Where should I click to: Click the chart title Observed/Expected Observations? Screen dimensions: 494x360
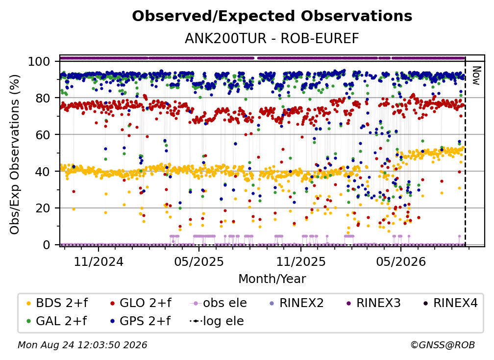[x=272, y=16]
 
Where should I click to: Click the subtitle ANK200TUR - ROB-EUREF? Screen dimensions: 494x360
[x=272, y=39]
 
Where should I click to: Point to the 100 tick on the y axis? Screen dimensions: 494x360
[x=39, y=61]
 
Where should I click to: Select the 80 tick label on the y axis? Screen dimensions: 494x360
[x=43, y=98]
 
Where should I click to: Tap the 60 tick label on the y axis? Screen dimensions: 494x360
[x=43, y=134]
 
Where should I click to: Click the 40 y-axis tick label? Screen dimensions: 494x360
[x=43, y=172]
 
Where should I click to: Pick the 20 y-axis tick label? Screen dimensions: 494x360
[x=43, y=208]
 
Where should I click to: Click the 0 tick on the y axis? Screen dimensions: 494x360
[x=46, y=245]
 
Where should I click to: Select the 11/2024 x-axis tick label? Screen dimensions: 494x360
[x=99, y=261]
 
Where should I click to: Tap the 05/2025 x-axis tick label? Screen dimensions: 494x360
[x=199, y=261]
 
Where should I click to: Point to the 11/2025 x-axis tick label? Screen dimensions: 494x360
[x=301, y=261]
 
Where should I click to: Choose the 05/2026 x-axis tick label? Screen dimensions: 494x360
[x=401, y=261]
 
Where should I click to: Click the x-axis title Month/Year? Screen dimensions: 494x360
[x=272, y=279]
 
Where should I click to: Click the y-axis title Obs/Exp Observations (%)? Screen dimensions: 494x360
[x=15, y=154]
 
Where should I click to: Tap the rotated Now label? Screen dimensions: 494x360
[x=476, y=76]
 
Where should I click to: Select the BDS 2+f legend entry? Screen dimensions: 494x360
[x=57, y=303]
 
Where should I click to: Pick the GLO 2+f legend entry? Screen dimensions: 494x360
[x=141, y=303]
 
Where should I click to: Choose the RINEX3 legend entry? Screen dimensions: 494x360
[x=373, y=303]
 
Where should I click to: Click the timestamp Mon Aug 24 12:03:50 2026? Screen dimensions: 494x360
[x=82, y=345]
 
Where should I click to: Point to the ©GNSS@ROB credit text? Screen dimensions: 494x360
[x=443, y=345]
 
